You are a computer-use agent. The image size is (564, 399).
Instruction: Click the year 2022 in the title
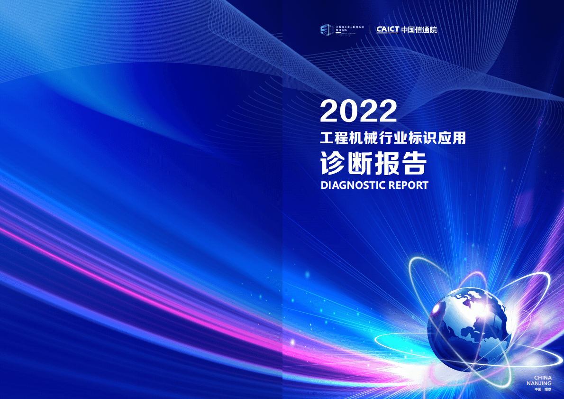(x=358, y=111)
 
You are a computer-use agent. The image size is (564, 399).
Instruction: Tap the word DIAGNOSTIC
(x=353, y=185)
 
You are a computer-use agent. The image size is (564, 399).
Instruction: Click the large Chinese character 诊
(x=334, y=164)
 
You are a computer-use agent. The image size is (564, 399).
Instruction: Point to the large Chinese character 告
(x=414, y=164)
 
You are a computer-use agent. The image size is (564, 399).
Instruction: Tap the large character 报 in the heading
(x=387, y=164)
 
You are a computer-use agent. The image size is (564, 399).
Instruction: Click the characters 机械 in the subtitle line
(x=365, y=139)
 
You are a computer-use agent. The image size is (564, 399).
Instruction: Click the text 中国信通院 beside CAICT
(x=419, y=29)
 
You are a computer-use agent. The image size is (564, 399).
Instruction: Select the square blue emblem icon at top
(x=326, y=29)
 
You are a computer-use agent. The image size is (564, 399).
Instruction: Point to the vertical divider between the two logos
(x=370, y=29)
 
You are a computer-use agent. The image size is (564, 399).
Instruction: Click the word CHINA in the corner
(x=543, y=378)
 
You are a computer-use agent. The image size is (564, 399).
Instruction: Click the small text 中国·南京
(x=543, y=389)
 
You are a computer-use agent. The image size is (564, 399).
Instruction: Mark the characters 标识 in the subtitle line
(x=423, y=139)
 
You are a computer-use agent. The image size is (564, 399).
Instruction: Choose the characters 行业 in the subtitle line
(x=394, y=139)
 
